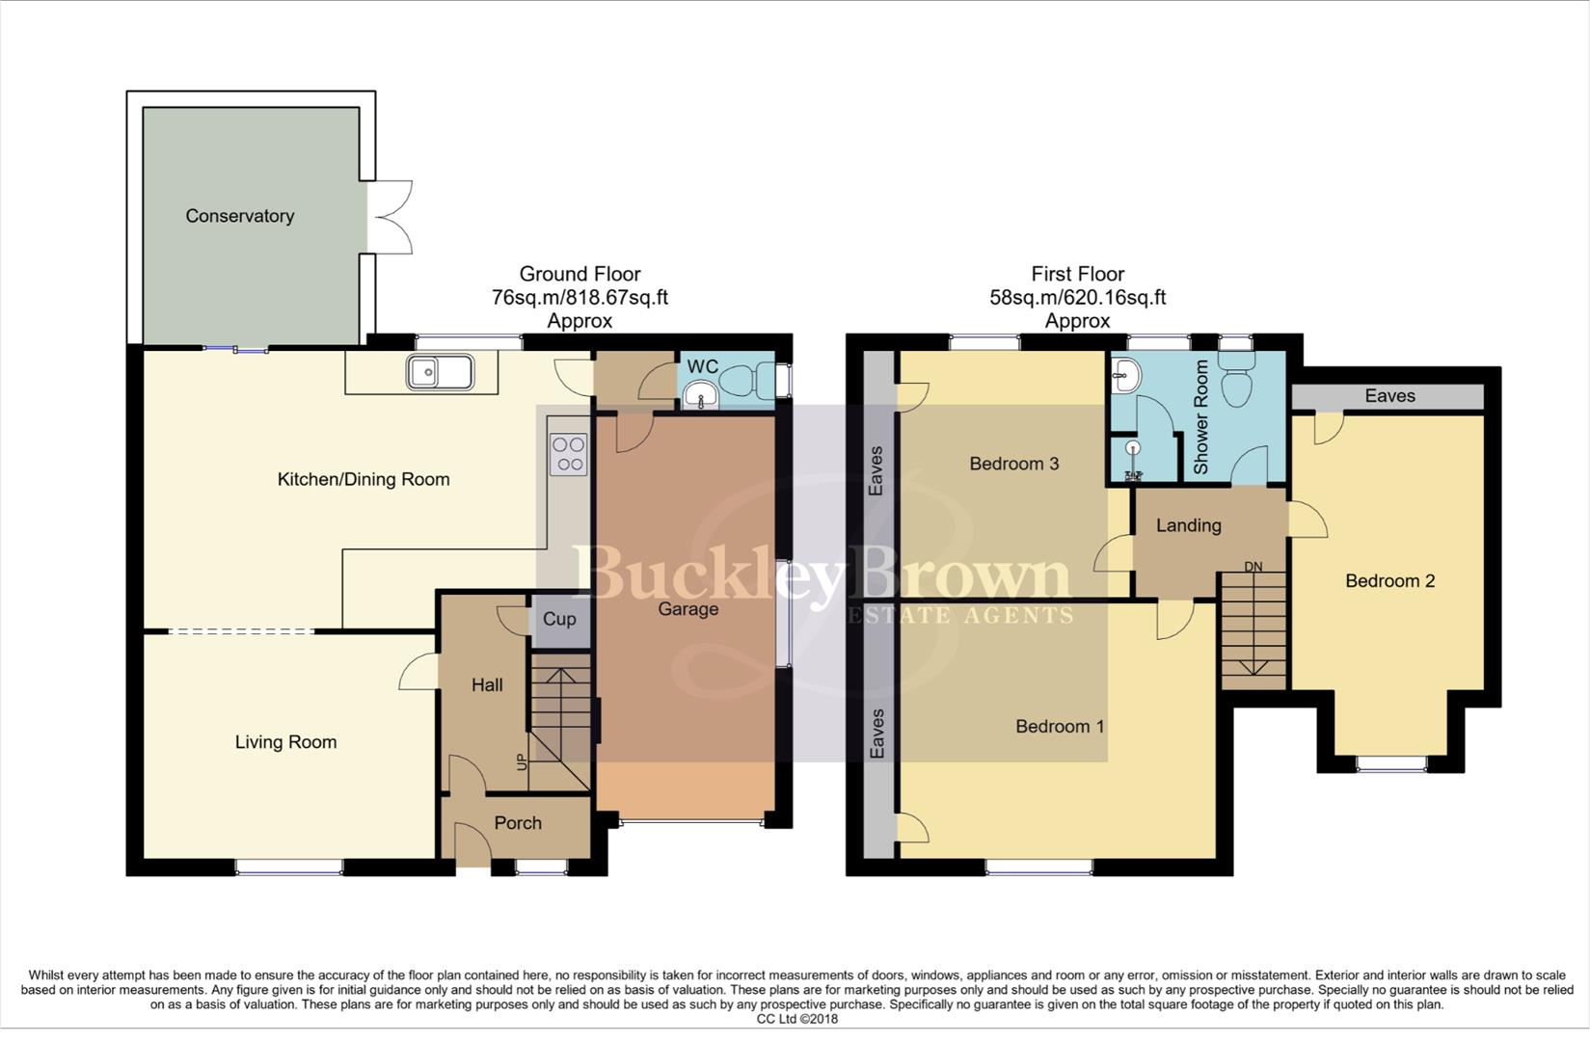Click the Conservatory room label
[239, 216]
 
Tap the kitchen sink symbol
[440, 372]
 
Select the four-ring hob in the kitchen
[568, 454]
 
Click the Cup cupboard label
[559, 619]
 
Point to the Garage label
[687, 609]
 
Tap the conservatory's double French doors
[391, 217]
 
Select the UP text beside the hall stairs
[523, 761]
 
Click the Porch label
[518, 823]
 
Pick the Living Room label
[285, 742]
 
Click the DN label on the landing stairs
[1253, 567]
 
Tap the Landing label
[1188, 525]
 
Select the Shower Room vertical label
[1201, 416]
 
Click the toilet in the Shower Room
[1236, 380]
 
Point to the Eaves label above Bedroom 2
[1389, 396]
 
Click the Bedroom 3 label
[1013, 464]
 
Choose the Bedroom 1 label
[1060, 726]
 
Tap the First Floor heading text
[1077, 274]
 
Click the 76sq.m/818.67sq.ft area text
[579, 298]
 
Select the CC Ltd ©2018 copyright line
[796, 1019]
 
